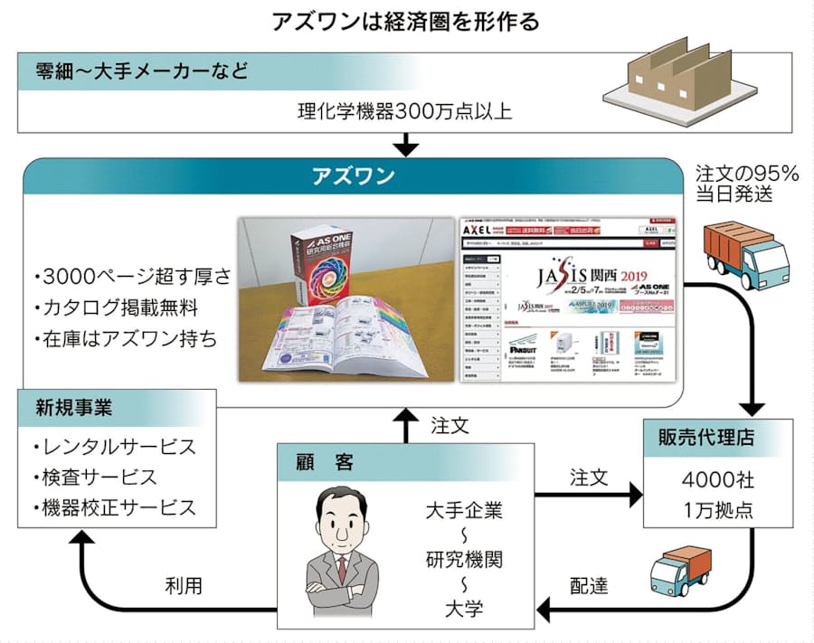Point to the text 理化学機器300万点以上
405,113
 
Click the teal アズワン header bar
353,176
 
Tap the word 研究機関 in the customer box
466,558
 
